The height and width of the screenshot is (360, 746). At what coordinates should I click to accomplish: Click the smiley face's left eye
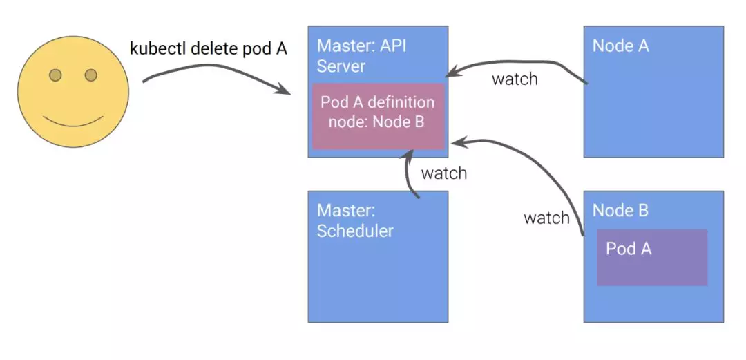point(56,75)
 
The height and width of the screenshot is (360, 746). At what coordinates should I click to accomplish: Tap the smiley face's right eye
point(91,75)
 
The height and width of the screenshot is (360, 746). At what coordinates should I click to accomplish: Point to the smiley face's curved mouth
point(73,121)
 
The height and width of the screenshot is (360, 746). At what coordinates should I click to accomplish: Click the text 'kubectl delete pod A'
point(209,48)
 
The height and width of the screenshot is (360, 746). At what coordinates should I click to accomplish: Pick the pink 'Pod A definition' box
point(379,117)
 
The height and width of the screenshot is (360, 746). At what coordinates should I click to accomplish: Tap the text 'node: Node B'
point(376,122)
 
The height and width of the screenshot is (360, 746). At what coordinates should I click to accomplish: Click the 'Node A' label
point(621,46)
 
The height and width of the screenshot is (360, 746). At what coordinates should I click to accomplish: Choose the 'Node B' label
point(620,211)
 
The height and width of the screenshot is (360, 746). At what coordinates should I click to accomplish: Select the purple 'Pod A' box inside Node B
point(652,258)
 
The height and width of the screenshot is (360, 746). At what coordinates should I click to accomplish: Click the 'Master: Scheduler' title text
point(355,221)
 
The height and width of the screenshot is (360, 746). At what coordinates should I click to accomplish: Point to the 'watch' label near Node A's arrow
point(515,79)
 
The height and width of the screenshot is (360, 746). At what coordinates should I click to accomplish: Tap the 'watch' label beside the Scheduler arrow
point(444,173)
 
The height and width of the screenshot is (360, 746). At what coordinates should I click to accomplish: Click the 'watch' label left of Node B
point(546,218)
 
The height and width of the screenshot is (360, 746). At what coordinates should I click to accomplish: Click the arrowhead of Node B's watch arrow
point(459,142)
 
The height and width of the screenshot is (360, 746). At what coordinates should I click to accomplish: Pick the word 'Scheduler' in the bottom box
point(355,231)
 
